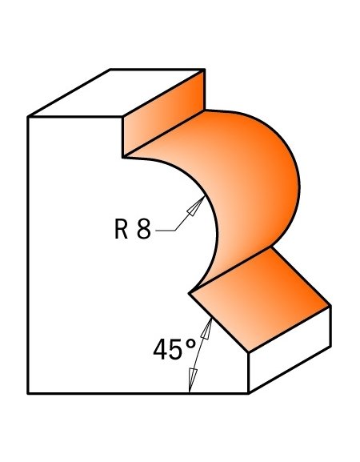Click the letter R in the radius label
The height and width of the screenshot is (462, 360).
click(x=121, y=229)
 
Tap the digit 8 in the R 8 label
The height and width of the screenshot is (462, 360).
click(x=144, y=229)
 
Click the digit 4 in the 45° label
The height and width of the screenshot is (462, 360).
click(x=160, y=349)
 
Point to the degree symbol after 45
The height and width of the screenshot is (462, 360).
click(x=190, y=344)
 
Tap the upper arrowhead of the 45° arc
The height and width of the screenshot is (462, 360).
click(x=207, y=328)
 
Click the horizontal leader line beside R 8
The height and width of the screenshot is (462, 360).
click(x=166, y=231)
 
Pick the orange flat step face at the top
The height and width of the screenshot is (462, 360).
click(x=164, y=114)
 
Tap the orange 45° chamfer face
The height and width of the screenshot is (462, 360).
click(x=259, y=299)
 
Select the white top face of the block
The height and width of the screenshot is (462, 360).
click(x=116, y=93)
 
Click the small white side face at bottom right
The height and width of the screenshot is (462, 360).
click(x=290, y=350)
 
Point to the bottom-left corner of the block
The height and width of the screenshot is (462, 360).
click(x=28, y=393)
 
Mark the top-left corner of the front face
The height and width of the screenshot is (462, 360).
click(x=28, y=117)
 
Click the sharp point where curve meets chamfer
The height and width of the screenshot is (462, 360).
click(x=190, y=293)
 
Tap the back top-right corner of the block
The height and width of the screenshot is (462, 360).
click(x=205, y=70)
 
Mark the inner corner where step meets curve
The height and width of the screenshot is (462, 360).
click(x=122, y=158)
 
